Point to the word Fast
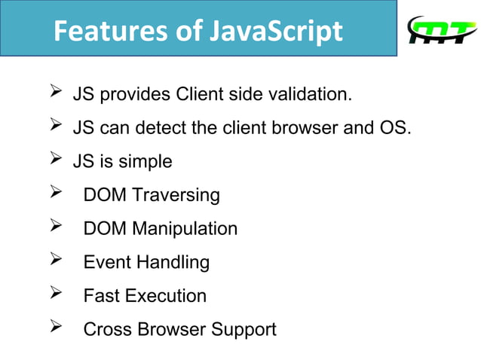[x=102, y=296]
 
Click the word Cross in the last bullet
[x=107, y=329]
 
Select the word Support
[x=243, y=329]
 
